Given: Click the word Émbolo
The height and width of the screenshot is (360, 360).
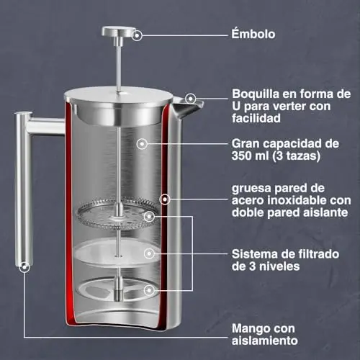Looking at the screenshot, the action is pyautogui.click(x=253, y=34).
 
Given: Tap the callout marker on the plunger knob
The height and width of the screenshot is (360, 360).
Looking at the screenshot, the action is pyautogui.click(x=137, y=35).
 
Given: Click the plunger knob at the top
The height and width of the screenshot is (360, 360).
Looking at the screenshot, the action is pyautogui.click(x=118, y=32).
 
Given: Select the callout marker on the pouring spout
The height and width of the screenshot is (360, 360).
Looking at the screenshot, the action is pyautogui.click(x=191, y=99).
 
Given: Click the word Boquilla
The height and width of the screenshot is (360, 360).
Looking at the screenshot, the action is pyautogui.click(x=256, y=94).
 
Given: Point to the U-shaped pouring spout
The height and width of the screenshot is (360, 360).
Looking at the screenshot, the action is pyautogui.click(x=187, y=107).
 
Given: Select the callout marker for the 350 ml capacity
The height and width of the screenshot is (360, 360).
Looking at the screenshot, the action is pyautogui.click(x=142, y=144).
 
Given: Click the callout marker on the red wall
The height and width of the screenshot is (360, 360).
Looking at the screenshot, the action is pyautogui.click(x=165, y=199).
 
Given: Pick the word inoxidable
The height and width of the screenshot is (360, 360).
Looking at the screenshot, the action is pyautogui.click(x=296, y=200).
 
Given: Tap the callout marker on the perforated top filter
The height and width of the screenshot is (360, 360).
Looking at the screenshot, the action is pyautogui.click(x=149, y=217).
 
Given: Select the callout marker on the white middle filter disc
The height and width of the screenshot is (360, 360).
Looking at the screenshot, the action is pyautogui.click(x=149, y=253).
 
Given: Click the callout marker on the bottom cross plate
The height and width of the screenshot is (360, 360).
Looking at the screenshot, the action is pyautogui.click(x=149, y=290).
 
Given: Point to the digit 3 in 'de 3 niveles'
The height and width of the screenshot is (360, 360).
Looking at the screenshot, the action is pyautogui.click(x=252, y=266).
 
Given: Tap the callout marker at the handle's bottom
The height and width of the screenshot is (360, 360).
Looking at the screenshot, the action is pyautogui.click(x=24, y=267).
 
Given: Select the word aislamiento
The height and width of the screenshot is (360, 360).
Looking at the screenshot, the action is pyautogui.click(x=265, y=341).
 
